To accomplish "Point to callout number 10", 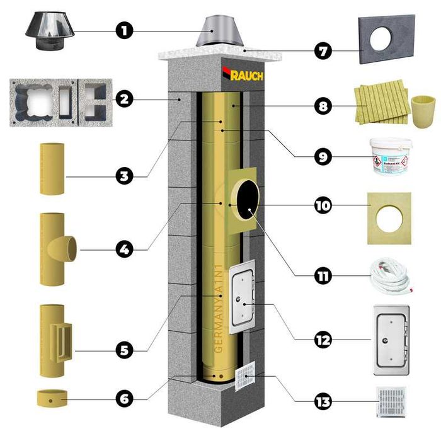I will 324,206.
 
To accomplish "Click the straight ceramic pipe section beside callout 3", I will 52,169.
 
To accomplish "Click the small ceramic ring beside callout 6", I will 52,399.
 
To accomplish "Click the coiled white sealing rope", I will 389,275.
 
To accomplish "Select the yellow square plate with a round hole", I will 389,217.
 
